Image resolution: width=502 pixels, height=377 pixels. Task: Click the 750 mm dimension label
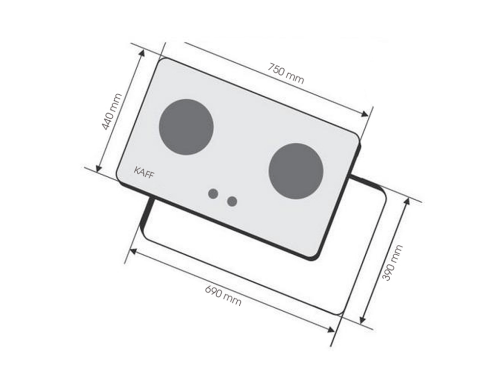coord(286,74)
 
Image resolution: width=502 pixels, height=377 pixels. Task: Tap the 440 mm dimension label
coord(112,111)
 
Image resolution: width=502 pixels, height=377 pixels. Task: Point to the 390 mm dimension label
coord(393,263)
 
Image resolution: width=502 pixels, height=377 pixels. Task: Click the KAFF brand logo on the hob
coord(144,172)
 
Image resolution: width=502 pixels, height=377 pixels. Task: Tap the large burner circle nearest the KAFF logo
coord(186,127)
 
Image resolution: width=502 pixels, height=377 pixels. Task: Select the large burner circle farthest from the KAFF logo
coord(296,171)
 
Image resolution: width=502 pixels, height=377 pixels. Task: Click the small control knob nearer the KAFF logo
coord(213,193)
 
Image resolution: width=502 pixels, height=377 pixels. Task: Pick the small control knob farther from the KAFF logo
coord(232,201)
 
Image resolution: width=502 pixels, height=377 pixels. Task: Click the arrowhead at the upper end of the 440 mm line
coord(142,54)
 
